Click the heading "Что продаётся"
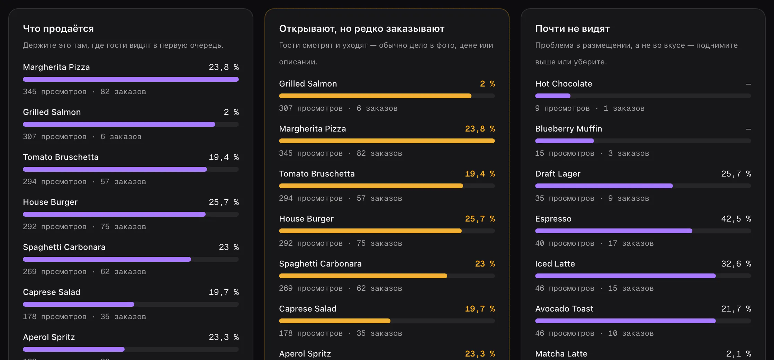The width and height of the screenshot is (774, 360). (58, 29)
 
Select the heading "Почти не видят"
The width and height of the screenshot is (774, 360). (573, 29)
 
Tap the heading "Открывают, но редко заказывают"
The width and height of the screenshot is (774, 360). (362, 29)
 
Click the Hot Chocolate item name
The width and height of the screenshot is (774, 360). (564, 84)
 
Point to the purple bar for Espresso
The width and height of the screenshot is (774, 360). (614, 231)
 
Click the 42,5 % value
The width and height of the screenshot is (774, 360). (736, 219)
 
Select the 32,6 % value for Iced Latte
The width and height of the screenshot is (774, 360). (736, 264)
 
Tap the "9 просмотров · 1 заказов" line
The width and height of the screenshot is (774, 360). (590, 108)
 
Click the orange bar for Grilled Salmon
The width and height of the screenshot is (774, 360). (375, 96)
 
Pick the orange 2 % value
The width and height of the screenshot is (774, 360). (487, 84)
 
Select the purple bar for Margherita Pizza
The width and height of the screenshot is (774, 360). (131, 79)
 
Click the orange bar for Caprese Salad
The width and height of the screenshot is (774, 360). (335, 321)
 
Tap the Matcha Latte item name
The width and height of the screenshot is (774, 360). (561, 354)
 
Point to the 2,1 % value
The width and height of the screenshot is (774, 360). (739, 354)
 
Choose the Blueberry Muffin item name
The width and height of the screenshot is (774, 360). (568, 129)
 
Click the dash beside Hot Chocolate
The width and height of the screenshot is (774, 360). (748, 84)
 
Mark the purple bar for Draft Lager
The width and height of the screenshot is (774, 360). (604, 186)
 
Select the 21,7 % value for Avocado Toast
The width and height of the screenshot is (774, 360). (736, 309)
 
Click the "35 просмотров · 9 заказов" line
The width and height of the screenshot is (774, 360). (592, 198)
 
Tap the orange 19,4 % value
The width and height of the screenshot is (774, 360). (480, 174)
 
